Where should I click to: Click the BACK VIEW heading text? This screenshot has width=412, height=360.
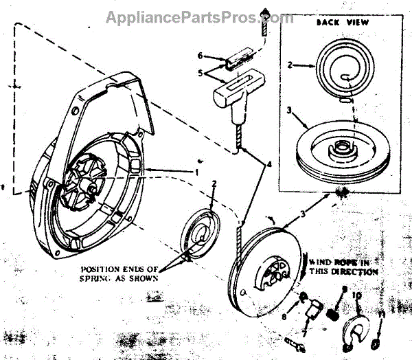click(343, 23)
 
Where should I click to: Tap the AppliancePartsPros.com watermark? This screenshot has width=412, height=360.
click(199, 17)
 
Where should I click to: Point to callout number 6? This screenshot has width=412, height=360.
click(200, 55)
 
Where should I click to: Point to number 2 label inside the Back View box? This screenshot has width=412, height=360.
click(291, 66)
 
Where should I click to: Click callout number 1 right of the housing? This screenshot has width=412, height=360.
click(196, 170)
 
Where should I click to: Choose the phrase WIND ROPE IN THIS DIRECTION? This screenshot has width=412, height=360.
click(343, 267)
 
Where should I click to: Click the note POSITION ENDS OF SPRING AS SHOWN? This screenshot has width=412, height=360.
click(120, 273)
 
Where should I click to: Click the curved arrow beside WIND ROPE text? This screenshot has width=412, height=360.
click(301, 265)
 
